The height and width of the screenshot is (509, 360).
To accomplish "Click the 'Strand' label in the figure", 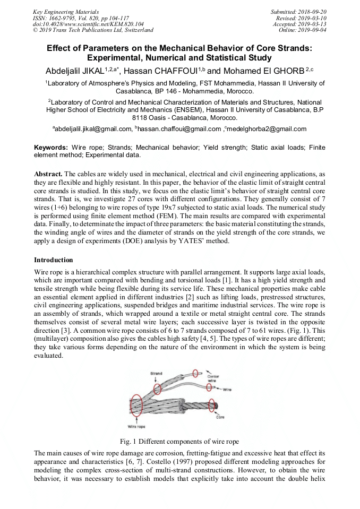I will click(156, 374).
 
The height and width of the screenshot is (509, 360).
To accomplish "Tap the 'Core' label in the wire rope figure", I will click(220, 417).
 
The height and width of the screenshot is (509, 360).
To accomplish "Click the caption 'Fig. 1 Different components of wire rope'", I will click(179, 441).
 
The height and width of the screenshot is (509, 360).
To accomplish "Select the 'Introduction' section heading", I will click(54, 260).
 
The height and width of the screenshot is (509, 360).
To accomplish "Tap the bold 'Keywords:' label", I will click(51, 147).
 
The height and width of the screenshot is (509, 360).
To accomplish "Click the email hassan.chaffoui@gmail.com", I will click(179, 128).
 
